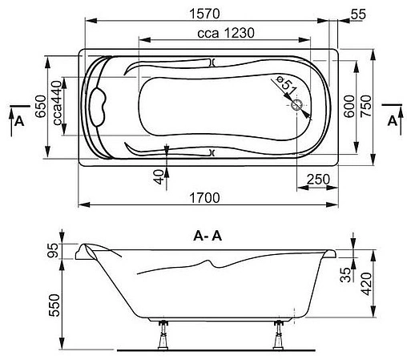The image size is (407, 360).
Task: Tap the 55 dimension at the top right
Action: click(359, 14)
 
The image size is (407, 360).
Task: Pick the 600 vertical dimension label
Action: click(349, 104)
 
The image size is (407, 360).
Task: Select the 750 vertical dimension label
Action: click(368, 104)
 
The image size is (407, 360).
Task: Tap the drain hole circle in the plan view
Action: click(296, 104)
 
